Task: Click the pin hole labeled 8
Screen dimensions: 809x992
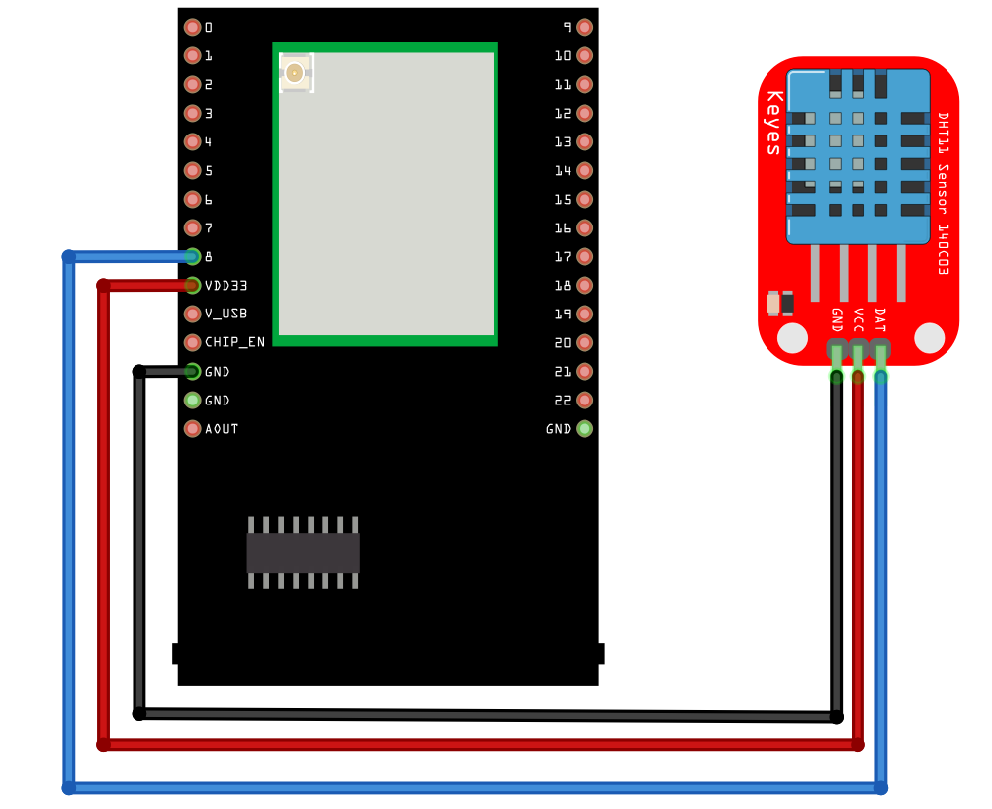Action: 192,257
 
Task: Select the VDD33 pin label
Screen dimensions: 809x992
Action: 225,286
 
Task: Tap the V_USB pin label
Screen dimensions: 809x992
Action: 225,315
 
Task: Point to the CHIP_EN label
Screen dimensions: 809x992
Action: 234,343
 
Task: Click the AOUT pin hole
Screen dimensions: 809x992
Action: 192,429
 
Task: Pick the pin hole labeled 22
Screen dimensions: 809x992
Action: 585,401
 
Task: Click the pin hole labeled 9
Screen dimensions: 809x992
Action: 585,27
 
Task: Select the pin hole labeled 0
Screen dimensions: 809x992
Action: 192,27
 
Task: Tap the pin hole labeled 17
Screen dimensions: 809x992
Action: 585,257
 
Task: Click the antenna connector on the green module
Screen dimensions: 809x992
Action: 294,72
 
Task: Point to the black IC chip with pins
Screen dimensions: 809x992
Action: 303,553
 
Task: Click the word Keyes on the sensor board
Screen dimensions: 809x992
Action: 774,124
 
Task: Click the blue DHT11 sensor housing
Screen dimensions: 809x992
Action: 857,156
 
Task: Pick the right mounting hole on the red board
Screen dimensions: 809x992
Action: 929,338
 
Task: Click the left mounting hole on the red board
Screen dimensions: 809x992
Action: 792,338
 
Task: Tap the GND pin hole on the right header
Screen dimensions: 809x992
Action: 585,429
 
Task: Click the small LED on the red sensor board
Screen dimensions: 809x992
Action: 780,302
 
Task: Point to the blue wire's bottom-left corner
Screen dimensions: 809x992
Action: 69,788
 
